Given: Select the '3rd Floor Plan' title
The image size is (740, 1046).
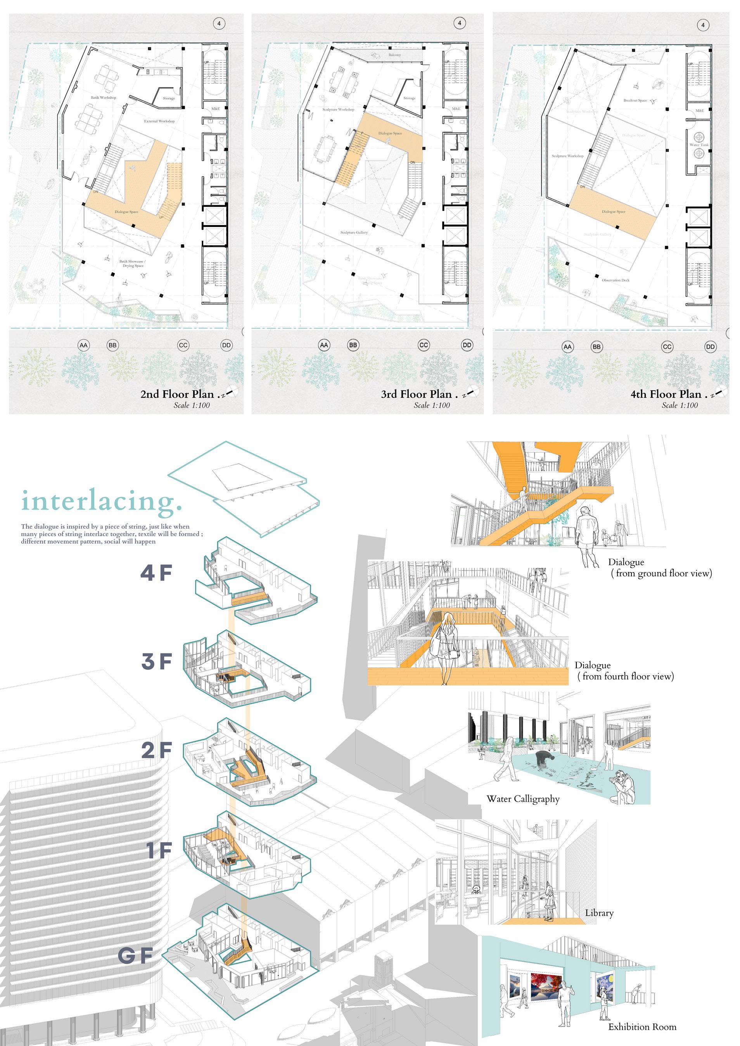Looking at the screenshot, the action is point(417,394).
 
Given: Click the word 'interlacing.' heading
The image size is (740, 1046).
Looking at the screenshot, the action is point(101,501).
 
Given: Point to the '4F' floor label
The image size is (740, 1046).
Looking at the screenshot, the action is point(156,573).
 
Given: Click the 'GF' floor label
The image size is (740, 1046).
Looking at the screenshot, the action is point(135,956).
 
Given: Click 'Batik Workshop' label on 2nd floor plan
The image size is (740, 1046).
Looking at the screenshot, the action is point(104,97).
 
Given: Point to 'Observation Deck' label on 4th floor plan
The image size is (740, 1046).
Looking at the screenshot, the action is point(615,280).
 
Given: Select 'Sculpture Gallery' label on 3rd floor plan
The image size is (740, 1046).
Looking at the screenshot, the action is point(354,232).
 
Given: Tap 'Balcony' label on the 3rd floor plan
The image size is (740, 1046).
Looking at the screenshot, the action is point(394,55).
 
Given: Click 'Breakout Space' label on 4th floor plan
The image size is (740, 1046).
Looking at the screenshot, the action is point(635,100).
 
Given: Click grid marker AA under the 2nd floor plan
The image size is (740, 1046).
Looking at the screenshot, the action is point(83,345).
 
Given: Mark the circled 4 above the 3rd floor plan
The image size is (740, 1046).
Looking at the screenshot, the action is point(459,23).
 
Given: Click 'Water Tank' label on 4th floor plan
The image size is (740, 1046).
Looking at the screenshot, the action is point(699,145).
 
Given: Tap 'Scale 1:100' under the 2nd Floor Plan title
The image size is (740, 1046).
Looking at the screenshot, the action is point(191,405).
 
